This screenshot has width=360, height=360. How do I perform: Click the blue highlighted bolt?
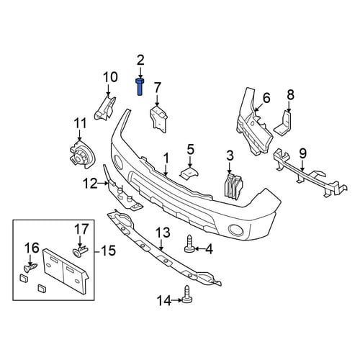140,87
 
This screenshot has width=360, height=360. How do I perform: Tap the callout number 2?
140,60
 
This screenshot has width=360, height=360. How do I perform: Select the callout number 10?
110,77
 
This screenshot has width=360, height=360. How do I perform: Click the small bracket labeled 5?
189,174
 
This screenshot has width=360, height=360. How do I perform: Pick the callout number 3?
230,156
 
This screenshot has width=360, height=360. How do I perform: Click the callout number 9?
302,153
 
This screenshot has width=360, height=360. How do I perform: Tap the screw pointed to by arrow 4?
189,245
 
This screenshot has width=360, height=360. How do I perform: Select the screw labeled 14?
188,294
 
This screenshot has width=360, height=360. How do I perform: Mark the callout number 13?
163,233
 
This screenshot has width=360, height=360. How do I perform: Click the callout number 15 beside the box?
108,251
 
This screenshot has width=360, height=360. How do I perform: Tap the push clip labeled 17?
81,250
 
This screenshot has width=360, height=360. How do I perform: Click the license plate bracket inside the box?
65,271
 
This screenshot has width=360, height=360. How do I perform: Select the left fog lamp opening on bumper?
118,161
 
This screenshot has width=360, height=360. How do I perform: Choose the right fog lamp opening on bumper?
236,230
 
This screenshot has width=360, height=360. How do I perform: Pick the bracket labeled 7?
158,119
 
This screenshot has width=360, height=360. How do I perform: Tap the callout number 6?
266,98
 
